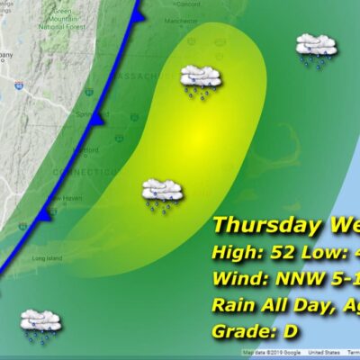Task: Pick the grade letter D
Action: pos(292,331)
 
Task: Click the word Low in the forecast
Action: pos(308,252)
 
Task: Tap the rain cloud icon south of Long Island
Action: pos(40,323)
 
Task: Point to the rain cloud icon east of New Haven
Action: pos(163,193)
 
